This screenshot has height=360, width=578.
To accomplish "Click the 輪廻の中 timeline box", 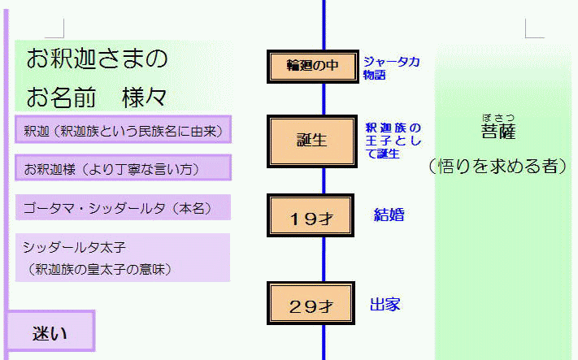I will click(312, 67).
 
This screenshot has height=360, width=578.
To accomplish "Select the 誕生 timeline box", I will click(312, 141).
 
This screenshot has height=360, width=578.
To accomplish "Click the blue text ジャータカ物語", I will click(391, 67).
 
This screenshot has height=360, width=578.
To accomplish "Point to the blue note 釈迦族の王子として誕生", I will click(393, 141).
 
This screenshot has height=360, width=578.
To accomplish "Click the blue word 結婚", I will click(389, 215).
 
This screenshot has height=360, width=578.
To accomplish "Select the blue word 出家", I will click(385, 306).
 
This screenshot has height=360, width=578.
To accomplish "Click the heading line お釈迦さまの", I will click(97, 59).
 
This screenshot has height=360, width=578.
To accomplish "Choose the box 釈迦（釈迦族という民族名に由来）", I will click(123, 129).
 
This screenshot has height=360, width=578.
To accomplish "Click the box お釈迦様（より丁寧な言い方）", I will click(123, 168).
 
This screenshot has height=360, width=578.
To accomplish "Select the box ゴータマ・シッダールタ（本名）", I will click(123, 207).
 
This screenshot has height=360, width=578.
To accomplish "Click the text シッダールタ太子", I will click(74, 246).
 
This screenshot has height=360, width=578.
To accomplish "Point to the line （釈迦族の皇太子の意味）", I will click(97, 268).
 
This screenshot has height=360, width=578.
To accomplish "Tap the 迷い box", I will click(50, 332).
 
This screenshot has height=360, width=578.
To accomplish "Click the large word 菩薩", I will click(498, 132).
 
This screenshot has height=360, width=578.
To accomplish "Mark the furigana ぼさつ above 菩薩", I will click(498, 116).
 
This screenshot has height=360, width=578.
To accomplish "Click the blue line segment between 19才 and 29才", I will click(324, 258).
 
